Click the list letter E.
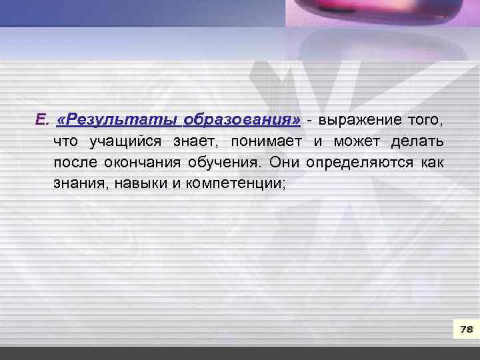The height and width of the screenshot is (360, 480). pos(41,121)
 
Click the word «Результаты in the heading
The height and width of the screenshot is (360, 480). pos(118,121)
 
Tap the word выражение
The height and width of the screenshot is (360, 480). pos(360,121)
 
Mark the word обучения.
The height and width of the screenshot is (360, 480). pos(225,162)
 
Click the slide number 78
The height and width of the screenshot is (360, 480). pos(466,329)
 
